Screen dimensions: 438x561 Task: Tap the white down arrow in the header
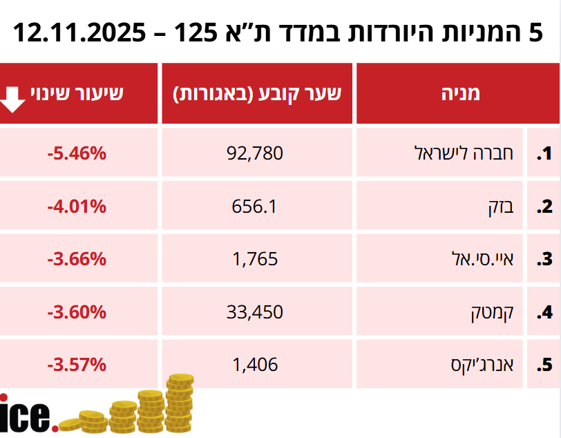click(x=13, y=98)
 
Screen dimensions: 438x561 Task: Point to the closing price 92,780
click(x=255, y=153)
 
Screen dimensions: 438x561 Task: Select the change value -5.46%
click(x=77, y=153)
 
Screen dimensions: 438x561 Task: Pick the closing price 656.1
click(x=254, y=206)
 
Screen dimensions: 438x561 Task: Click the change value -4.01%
click(x=77, y=206)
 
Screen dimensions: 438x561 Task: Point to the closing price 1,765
click(x=254, y=259)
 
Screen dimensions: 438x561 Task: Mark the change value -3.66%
click(x=77, y=259)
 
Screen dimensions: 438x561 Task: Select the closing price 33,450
click(x=255, y=312)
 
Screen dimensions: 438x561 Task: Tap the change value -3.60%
click(x=77, y=312)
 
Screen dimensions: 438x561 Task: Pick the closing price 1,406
click(x=254, y=364)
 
